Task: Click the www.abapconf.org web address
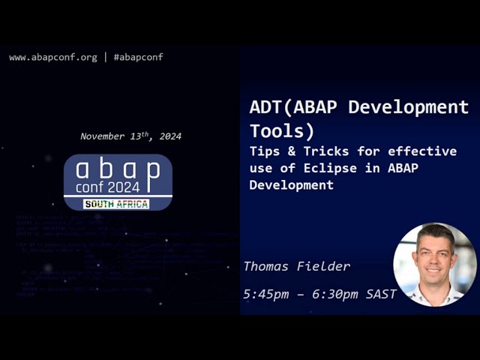point(52,57)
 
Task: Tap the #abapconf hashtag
point(138,57)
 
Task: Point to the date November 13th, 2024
point(130,136)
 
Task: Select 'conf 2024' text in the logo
point(107,187)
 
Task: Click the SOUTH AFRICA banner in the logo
point(116,204)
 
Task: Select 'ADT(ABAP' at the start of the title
point(286,107)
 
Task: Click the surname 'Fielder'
point(324,266)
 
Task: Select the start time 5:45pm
point(265,294)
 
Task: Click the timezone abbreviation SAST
point(381,294)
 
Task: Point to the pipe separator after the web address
point(106,57)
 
